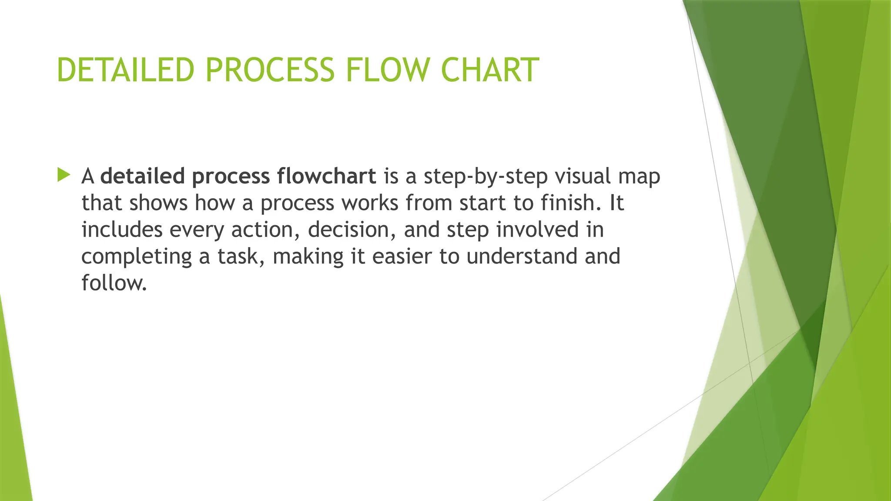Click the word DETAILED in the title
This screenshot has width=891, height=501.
pos(125,70)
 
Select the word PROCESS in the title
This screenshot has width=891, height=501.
pos(270,70)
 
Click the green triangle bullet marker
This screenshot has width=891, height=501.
pos(64,175)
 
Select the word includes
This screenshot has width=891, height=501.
pos(122,229)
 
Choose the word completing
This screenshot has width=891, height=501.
pos(137,257)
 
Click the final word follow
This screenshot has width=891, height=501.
pos(114,283)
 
